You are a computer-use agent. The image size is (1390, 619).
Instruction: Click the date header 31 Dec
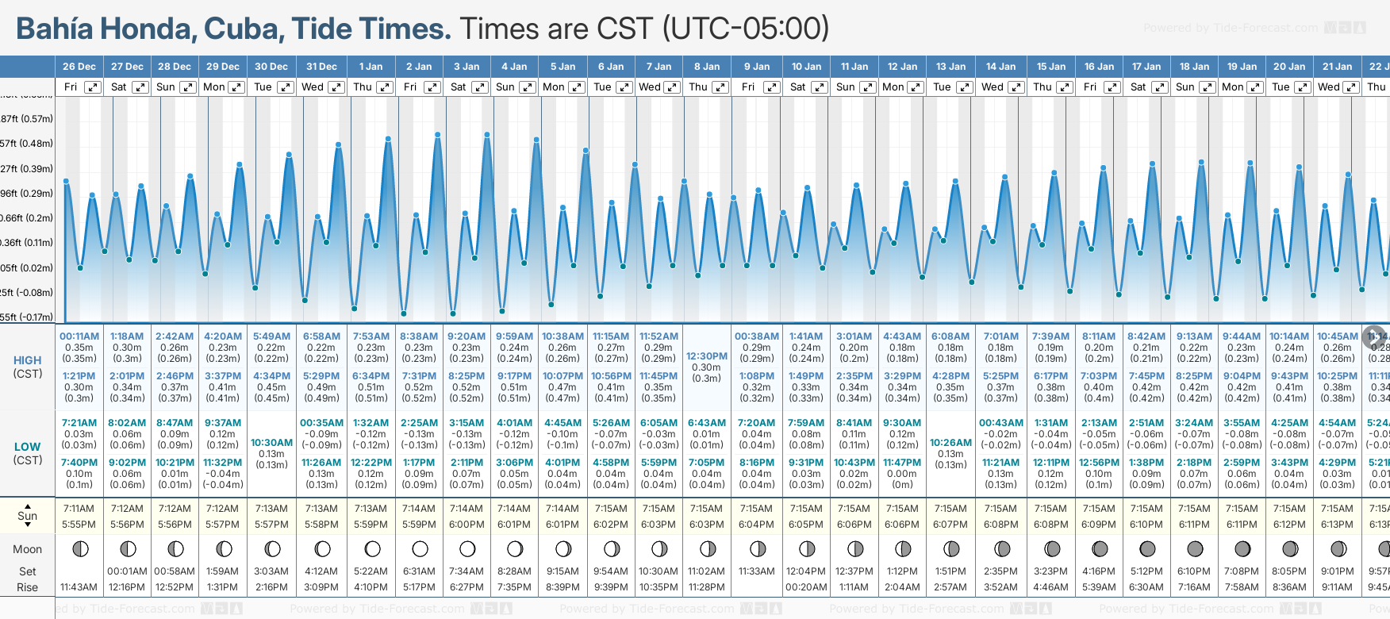pyautogui.click(x=321, y=67)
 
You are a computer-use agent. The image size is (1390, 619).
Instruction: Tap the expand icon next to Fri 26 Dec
pyautogui.click(x=93, y=87)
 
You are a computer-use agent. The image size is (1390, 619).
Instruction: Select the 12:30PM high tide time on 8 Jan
pyautogui.click(x=706, y=356)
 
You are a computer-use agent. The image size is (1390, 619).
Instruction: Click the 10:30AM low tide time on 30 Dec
pyautogui.click(x=271, y=443)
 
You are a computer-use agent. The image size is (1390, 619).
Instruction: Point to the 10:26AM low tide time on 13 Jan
pyautogui.click(x=950, y=443)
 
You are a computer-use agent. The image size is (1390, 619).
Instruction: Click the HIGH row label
pyautogui.click(x=27, y=360)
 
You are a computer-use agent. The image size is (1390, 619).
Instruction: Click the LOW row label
pyautogui.click(x=27, y=447)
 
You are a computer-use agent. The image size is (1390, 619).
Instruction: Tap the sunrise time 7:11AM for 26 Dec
pyautogui.click(x=79, y=509)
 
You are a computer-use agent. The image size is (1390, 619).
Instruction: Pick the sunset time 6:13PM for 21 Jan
pyautogui.click(x=1337, y=525)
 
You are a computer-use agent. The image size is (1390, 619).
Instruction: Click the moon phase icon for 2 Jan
pyautogui.click(x=420, y=549)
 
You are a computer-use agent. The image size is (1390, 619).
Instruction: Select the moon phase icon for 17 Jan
pyautogui.click(x=1146, y=549)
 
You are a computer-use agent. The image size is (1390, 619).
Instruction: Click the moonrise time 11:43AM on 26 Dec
pyautogui.click(x=79, y=587)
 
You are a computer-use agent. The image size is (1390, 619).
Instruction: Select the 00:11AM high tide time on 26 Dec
pyautogui.click(x=79, y=336)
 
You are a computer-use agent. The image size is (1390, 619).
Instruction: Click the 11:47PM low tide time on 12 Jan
pyautogui.click(x=902, y=463)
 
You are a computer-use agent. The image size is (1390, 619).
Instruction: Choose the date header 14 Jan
pyautogui.click(x=1001, y=67)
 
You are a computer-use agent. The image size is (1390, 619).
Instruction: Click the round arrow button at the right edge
pyautogui.click(x=1373, y=336)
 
